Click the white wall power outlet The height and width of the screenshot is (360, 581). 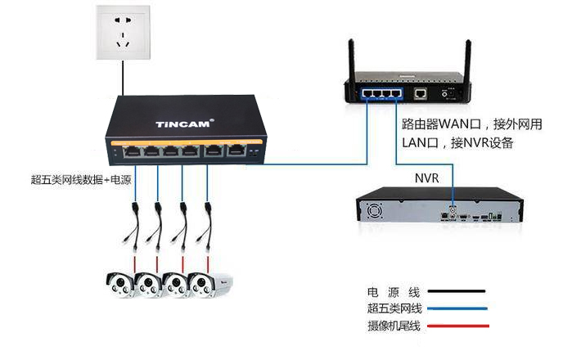click(x=124, y=32)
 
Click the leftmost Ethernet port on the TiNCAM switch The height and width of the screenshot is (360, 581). click(x=132, y=151)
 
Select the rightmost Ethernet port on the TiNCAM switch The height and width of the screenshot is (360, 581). click(x=236, y=150)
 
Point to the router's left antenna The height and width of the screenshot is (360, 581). click(x=352, y=59)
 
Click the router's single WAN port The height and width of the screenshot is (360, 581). click(x=420, y=93)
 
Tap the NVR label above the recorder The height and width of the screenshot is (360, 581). click(x=427, y=178)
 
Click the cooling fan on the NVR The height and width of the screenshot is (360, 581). click(x=375, y=211)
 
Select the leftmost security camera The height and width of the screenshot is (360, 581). click(x=119, y=285)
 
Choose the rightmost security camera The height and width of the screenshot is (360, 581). click(x=210, y=285)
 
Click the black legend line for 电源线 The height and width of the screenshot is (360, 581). click(x=456, y=291)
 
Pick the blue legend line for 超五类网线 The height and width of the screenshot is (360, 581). click(x=457, y=308)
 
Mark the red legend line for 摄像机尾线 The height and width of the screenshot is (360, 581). click(x=458, y=326)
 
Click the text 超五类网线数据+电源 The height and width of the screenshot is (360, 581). click(x=81, y=180)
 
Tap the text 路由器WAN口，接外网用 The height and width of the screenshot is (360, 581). click(x=472, y=124)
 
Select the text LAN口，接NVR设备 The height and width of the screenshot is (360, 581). click(x=457, y=142)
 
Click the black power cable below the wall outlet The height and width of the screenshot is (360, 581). click(x=123, y=78)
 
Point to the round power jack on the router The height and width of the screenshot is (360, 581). click(x=444, y=94)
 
